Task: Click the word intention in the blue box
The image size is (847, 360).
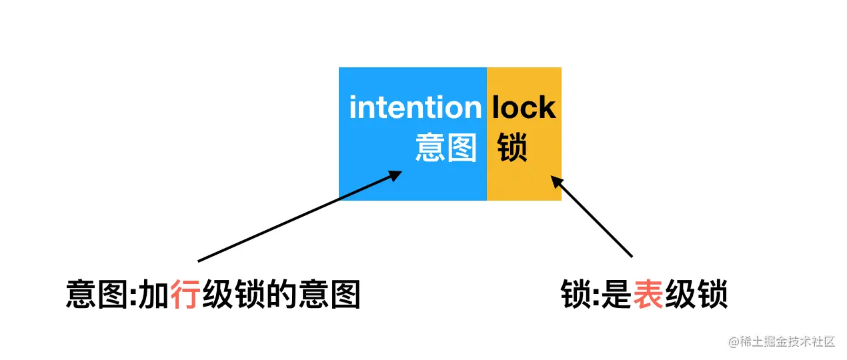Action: [415, 107]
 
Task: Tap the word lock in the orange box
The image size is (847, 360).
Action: [524, 107]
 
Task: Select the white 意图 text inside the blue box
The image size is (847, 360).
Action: [446, 147]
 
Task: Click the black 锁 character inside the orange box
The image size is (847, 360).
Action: [512, 147]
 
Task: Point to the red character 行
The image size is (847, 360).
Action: [185, 294]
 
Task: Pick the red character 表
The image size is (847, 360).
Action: [647, 294]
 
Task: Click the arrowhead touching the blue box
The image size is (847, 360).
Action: [395, 175]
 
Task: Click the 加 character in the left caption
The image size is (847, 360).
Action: [153, 294]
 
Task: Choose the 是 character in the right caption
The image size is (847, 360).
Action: [615, 294]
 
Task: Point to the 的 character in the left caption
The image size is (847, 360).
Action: [280, 294]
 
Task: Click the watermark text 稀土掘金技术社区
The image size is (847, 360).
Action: [788, 342]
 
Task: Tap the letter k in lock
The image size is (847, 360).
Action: [546, 107]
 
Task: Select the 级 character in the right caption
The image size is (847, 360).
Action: [679, 294]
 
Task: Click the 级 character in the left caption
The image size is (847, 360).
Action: [217, 294]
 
